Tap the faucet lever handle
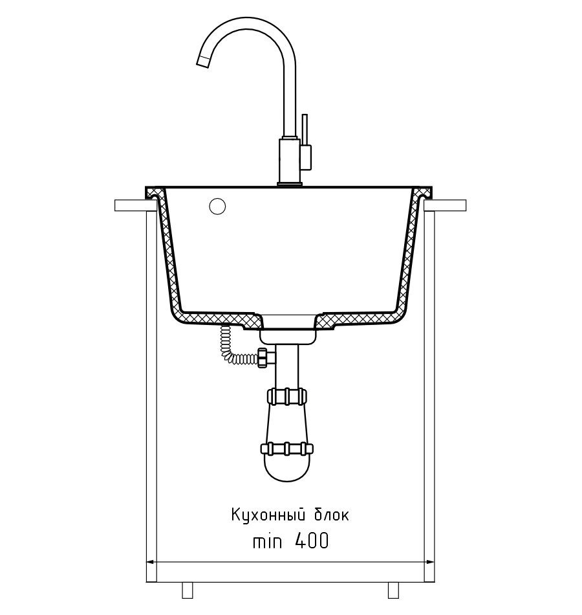coord(305,129)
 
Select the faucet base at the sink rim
coord(290,184)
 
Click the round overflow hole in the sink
coord(217,207)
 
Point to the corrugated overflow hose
coord(232,347)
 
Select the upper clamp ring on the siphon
coord(286,396)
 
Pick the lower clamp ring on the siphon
coord(286,449)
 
